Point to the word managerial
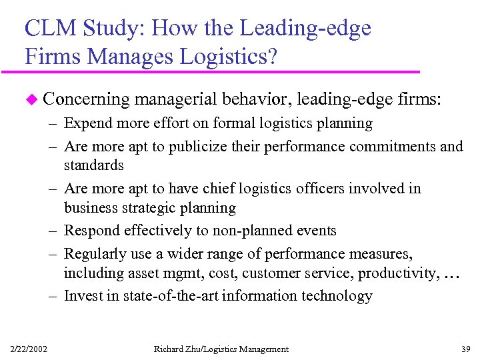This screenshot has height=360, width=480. click(177, 99)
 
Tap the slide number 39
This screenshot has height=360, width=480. click(465, 349)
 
